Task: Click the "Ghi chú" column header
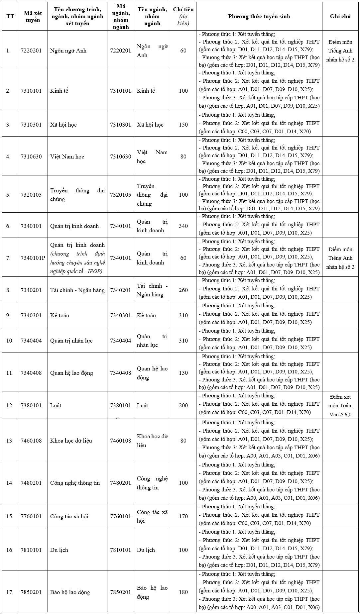[x=340, y=17]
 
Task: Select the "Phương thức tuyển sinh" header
[x=259, y=17]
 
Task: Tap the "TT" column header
[x=10, y=17]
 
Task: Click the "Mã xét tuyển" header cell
[x=33, y=17]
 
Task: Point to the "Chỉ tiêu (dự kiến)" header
[x=183, y=17]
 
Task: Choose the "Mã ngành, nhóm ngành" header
[x=120, y=17]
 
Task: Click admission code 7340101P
[x=33, y=258]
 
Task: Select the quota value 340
[x=183, y=226]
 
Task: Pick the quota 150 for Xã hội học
[x=183, y=125]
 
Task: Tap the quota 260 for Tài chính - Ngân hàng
[x=183, y=290]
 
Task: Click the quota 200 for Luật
[x=183, y=405]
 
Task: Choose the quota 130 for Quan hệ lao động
[x=183, y=373]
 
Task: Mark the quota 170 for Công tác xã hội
[x=183, y=516]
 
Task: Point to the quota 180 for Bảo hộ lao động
[x=183, y=592]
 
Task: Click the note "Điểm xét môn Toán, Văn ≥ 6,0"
[x=340, y=406]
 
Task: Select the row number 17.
[x=10, y=592]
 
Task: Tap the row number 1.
[x=9, y=51]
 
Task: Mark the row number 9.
[x=9, y=315]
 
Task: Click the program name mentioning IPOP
[x=77, y=258]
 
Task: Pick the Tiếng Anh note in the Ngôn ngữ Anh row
[x=340, y=51]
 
